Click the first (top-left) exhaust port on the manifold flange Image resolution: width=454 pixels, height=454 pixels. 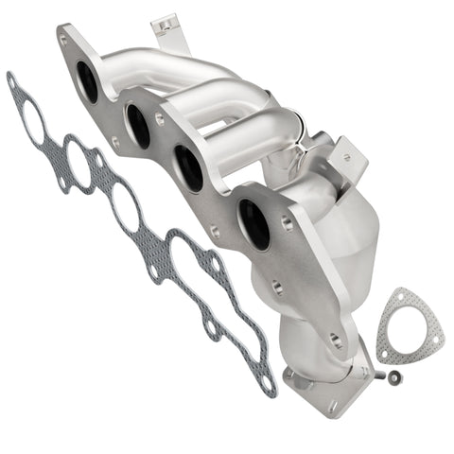coord(86,81)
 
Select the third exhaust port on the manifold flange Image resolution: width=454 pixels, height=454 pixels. coord(190,167)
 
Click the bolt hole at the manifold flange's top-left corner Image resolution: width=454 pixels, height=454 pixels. coord(63,41)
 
